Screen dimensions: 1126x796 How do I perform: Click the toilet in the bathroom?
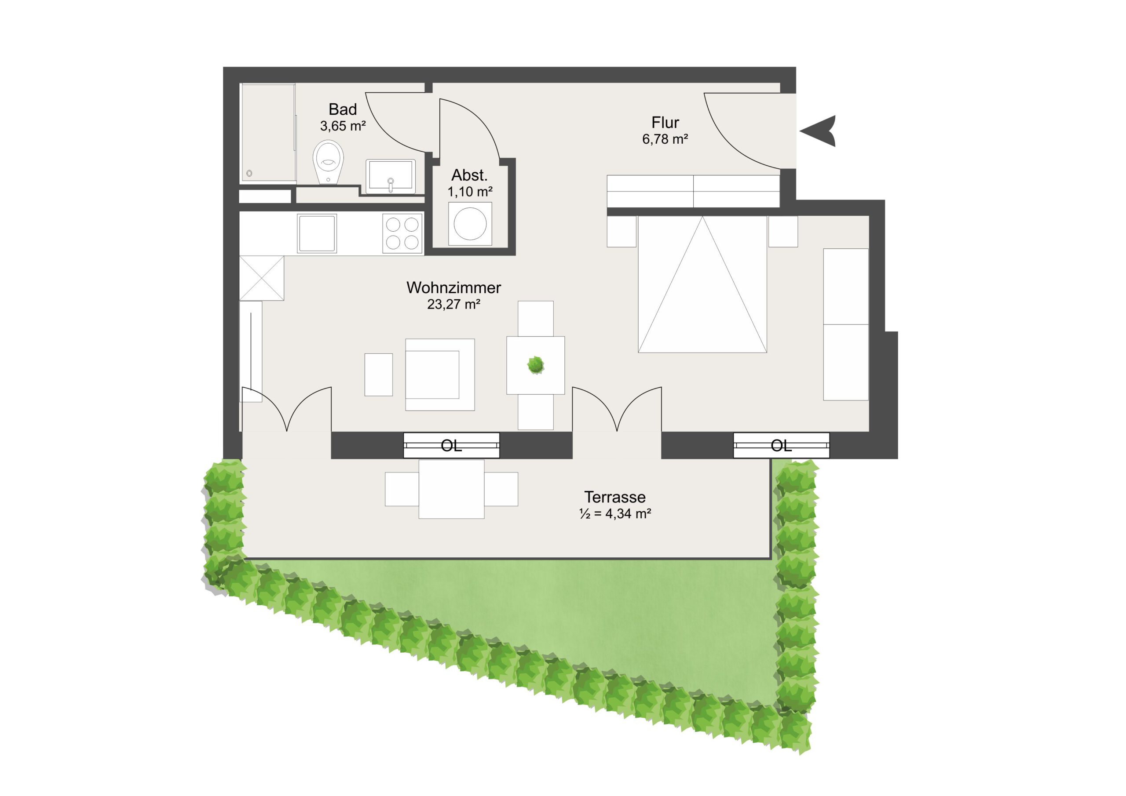click(328, 162)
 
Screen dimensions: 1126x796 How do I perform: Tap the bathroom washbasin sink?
click(391, 175)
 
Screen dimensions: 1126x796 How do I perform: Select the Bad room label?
click(342, 109)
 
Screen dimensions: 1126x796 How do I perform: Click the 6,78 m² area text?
click(665, 139)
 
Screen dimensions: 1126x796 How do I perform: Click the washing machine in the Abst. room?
click(470, 224)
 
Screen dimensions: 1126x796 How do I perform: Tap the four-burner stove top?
click(402, 233)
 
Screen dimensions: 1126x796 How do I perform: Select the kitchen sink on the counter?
click(317, 233)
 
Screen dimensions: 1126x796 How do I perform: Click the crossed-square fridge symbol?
click(261, 277)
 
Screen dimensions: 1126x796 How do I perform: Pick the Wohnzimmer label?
click(453, 288)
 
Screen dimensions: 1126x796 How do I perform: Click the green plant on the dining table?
click(536, 365)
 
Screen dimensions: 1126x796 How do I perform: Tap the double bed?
click(702, 284)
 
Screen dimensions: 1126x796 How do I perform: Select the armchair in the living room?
click(440, 374)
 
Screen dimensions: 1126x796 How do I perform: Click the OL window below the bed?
click(781, 445)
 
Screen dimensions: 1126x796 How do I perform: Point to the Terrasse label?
click(614, 497)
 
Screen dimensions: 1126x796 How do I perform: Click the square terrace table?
click(451, 489)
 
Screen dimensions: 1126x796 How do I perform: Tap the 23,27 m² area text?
click(453, 305)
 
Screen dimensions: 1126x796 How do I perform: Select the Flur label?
click(665, 122)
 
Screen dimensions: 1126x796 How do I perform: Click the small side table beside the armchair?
click(379, 374)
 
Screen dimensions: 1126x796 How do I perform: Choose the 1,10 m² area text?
click(470, 192)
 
